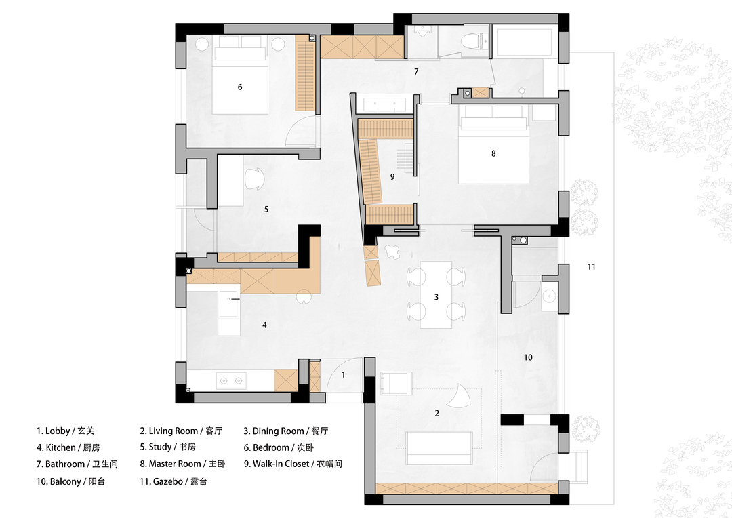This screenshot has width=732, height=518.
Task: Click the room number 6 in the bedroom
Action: click(x=240, y=87)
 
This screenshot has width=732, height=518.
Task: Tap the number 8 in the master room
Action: click(x=493, y=153)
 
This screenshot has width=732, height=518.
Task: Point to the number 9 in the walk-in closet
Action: click(x=392, y=176)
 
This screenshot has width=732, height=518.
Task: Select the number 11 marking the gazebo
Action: click(x=592, y=266)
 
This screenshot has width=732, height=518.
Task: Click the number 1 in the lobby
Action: click(x=344, y=375)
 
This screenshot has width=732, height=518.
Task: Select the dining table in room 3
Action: click(x=436, y=295)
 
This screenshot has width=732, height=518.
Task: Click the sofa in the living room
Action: click(x=439, y=447)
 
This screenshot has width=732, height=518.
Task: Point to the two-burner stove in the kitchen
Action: click(x=231, y=380)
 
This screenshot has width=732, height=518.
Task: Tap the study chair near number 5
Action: click(x=254, y=178)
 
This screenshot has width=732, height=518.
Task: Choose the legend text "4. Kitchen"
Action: click(x=56, y=447)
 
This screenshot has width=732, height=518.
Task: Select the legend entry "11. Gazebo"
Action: click(x=161, y=481)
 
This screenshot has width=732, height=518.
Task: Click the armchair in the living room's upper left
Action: click(x=396, y=383)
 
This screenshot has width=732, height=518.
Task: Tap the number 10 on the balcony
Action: click(x=528, y=357)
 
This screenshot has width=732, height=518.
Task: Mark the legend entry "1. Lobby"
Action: click(x=54, y=431)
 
